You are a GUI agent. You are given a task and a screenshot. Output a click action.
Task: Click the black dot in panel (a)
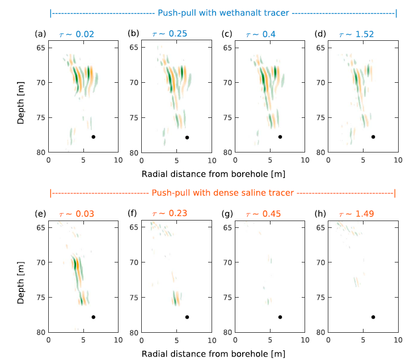(94, 137)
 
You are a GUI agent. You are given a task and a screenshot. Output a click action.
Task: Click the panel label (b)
(133, 33)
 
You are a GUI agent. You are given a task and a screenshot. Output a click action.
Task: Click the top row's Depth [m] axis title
(21, 95)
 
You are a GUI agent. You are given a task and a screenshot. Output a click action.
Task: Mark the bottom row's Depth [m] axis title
(21, 275)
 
